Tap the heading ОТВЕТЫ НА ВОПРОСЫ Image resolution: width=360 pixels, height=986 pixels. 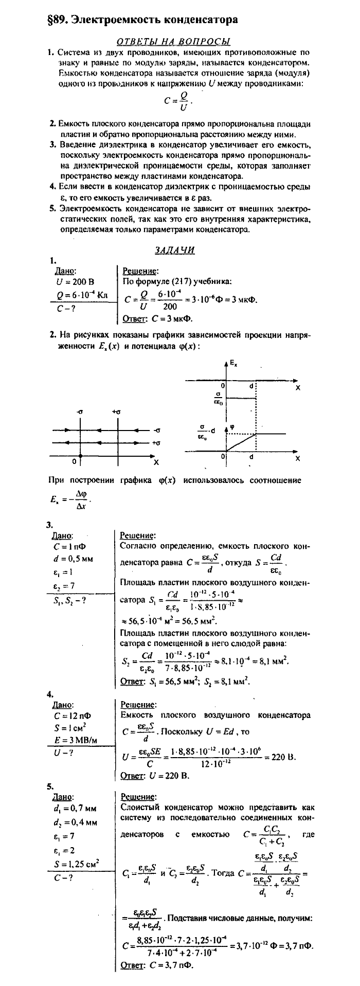tap(173, 41)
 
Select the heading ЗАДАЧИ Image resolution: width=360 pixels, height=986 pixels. tap(174, 250)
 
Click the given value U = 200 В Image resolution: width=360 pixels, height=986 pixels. tap(79, 282)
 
